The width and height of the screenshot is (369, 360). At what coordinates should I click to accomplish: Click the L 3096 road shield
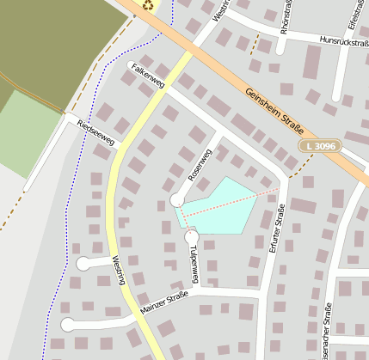tap(321, 147)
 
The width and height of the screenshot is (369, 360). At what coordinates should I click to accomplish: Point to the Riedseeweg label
tap(95, 131)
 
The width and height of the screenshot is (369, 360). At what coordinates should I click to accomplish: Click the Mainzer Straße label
tap(163, 301)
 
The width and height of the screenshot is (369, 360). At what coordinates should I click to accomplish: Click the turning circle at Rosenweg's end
tap(177, 200)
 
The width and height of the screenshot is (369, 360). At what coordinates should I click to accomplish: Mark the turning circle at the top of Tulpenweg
tap(192, 236)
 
